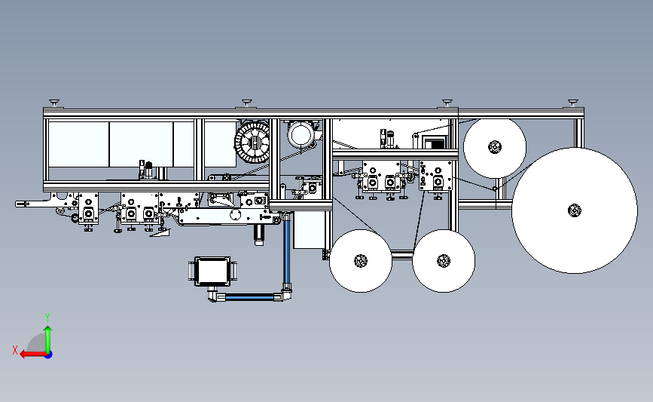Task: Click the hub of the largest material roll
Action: (575, 210)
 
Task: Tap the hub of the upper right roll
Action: (495, 147)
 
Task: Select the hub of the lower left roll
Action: (361, 261)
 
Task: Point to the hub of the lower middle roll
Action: (444, 261)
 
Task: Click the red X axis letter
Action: (15, 350)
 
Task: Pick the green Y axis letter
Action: (47, 318)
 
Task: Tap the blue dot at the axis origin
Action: (48, 354)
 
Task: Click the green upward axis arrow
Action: (48, 339)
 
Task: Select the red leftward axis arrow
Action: (33, 354)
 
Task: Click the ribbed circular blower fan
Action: (252, 143)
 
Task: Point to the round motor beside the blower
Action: (301, 135)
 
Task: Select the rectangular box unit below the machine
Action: (212, 272)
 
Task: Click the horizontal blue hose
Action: (249, 297)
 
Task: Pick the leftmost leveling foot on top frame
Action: (54, 103)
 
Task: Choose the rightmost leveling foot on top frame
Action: (573, 103)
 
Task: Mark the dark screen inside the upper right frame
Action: (435, 143)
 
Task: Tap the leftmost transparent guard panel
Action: (79, 144)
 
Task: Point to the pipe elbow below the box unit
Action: (213, 295)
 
